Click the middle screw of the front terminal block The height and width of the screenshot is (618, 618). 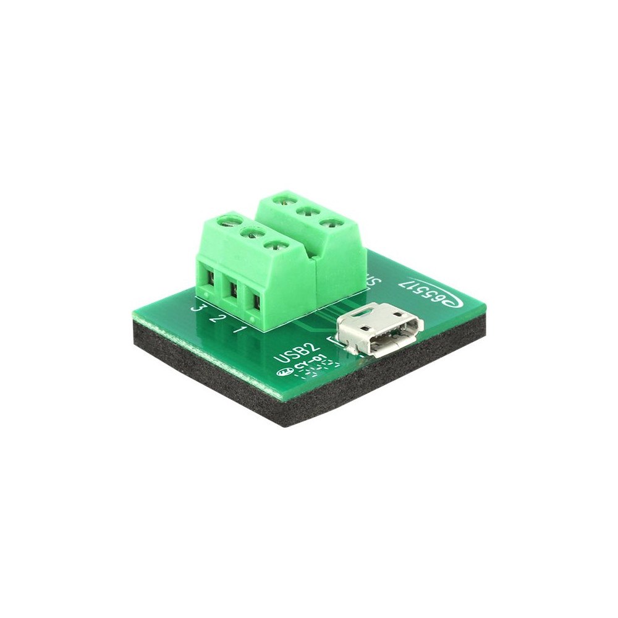(251, 233)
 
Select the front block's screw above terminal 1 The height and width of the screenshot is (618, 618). (273, 245)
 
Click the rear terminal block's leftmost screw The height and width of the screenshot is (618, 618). (285, 199)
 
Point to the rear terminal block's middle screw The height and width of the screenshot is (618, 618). (306, 211)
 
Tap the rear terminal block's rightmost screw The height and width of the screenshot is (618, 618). (329, 222)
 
